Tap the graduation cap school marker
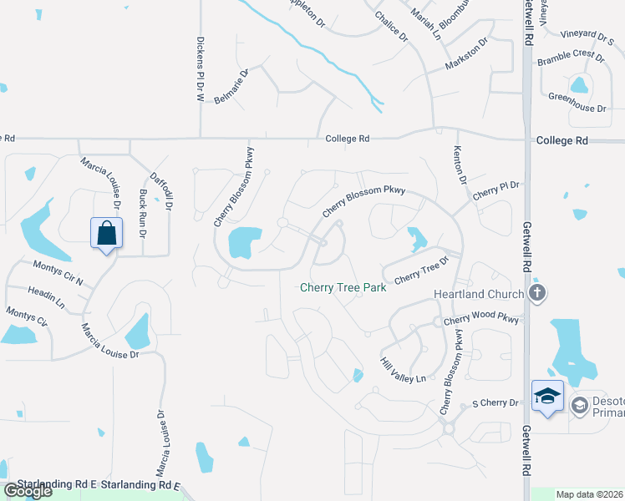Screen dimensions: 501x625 pyautogui.click(x=546, y=395)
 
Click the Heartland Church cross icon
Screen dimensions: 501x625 pyautogui.click(x=537, y=293)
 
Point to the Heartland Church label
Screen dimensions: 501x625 pyautogui.click(x=479, y=294)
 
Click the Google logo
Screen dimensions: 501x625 pyautogui.click(x=27, y=492)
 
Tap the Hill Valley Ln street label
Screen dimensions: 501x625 pyautogui.click(x=403, y=368)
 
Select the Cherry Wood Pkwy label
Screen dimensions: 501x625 pyautogui.click(x=480, y=320)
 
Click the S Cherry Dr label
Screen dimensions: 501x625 pyautogui.click(x=495, y=402)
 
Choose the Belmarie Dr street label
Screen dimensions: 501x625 pyautogui.click(x=232, y=86)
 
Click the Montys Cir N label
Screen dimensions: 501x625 pyautogui.click(x=58, y=272)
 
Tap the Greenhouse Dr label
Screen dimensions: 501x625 pyautogui.click(x=577, y=108)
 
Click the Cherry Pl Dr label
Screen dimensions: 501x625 pyautogui.click(x=495, y=190)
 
